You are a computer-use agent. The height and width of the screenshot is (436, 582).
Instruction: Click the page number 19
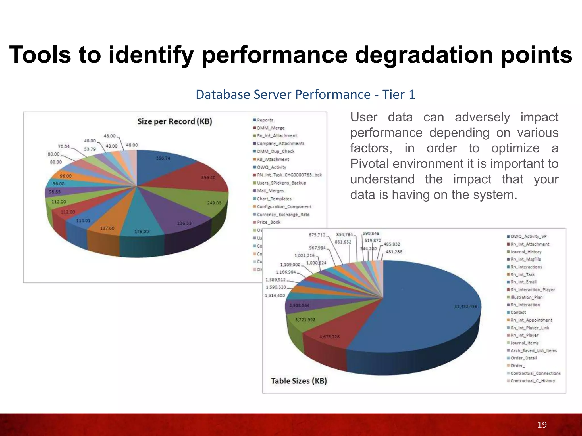click(x=542, y=425)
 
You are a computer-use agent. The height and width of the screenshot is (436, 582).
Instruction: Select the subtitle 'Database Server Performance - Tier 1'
click(x=305, y=95)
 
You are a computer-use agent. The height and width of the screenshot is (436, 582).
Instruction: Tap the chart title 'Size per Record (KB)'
click(x=175, y=121)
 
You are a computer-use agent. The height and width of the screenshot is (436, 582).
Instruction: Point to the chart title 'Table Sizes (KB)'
click(x=299, y=381)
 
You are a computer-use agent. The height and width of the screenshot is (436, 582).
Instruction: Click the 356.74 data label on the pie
click(x=163, y=158)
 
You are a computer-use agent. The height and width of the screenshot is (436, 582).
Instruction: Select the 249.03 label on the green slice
click(x=214, y=203)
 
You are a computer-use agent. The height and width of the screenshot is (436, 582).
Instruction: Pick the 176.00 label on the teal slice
click(x=142, y=232)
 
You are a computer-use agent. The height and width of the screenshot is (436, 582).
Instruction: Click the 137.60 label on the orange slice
click(x=107, y=228)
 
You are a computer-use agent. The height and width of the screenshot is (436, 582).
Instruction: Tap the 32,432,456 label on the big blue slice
click(x=466, y=307)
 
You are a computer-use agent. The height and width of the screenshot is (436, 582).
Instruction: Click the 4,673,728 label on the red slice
click(x=329, y=337)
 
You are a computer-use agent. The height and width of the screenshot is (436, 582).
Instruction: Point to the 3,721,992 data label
click(x=305, y=320)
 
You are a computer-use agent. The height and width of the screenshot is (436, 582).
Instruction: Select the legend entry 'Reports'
click(x=265, y=120)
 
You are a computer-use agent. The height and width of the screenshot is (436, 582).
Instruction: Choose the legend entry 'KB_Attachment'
click(x=273, y=160)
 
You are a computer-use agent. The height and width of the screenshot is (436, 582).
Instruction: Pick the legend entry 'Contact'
click(x=518, y=312)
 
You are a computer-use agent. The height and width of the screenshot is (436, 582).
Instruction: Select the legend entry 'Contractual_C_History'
click(x=533, y=381)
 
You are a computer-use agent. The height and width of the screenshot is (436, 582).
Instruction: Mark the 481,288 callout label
click(x=394, y=252)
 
